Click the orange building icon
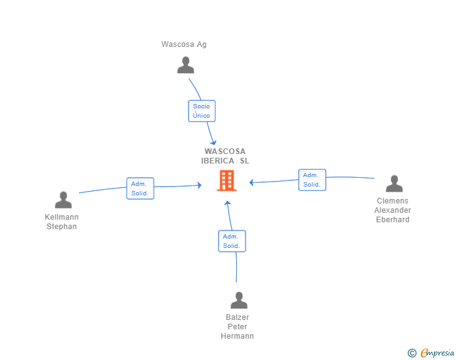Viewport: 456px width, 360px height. [226, 180]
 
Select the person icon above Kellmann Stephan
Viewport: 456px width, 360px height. [63, 200]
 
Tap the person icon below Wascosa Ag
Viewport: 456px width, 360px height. [185, 65]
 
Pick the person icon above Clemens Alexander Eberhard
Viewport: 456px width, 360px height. [394, 183]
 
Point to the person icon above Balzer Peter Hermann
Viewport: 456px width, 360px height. [239, 301]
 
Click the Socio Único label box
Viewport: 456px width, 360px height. [202, 111]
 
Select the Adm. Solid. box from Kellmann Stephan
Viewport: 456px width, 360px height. [140, 188]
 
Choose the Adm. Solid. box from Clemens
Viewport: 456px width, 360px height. [312, 180]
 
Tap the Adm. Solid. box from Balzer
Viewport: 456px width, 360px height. [232, 241]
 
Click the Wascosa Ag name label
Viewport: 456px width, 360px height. [184, 44]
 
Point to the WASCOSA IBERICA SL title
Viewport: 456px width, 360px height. [225, 156]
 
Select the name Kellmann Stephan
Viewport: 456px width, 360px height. [62, 222]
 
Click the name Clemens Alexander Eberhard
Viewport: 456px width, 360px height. [393, 210]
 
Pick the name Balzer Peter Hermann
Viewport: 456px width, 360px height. [237, 327]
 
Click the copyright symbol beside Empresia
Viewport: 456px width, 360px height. [412, 353]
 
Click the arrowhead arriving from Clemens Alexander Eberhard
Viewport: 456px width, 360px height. [251, 183]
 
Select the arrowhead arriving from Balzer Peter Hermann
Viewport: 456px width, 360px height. [227, 203]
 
